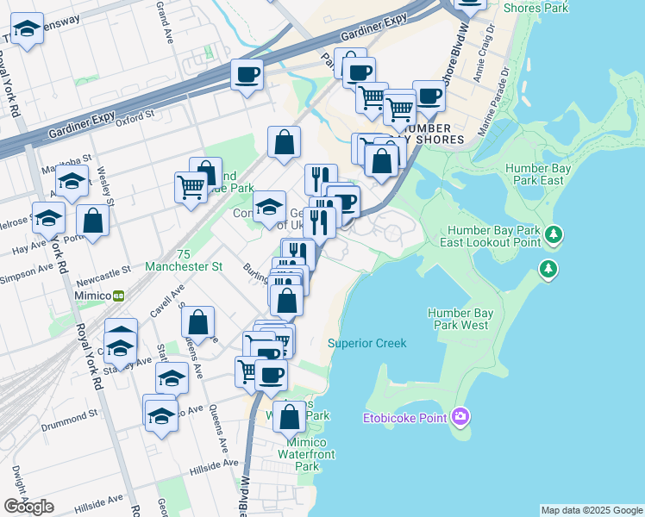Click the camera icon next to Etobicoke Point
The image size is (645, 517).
point(460,418)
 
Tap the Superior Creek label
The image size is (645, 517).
point(366,343)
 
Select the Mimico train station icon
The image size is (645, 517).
point(119,295)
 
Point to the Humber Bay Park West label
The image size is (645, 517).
point(461,319)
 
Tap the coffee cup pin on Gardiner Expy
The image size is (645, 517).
point(246,75)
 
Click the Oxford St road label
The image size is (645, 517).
point(135,116)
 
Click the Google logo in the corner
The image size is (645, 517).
point(28,507)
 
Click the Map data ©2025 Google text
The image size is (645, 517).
point(592,510)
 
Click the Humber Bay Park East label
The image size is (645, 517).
point(535,174)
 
